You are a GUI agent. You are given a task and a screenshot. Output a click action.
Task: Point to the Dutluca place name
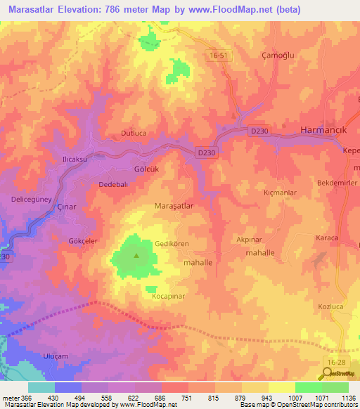pos(134,132)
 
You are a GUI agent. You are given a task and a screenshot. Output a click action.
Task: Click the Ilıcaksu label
pos(75,160)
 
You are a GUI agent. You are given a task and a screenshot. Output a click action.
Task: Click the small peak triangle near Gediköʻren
pos(136,254)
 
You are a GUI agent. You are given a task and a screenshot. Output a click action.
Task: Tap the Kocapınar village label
pos(168,297)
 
